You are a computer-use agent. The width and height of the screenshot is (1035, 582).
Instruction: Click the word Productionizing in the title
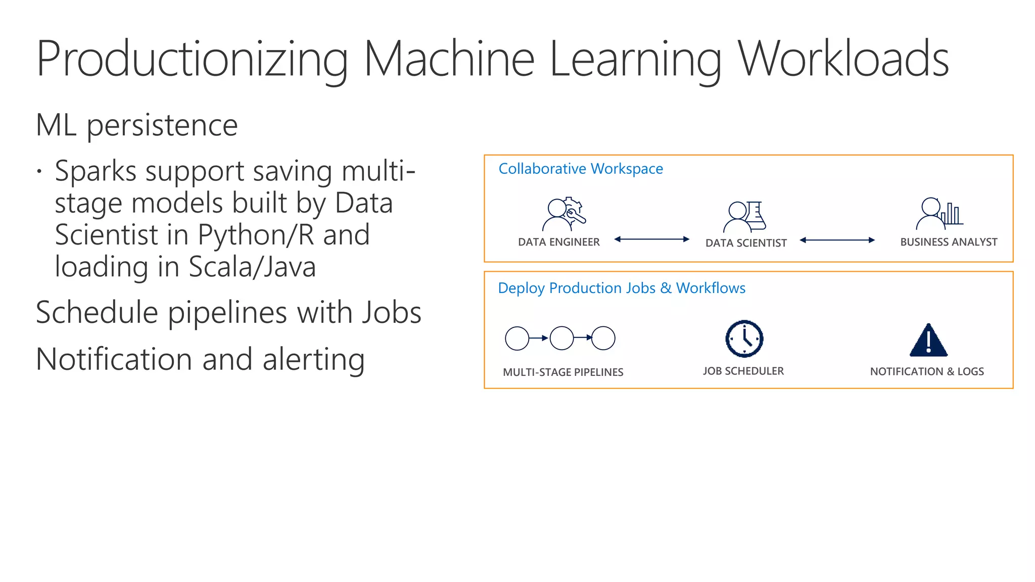point(192,60)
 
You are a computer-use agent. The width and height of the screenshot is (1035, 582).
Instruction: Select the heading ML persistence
point(136,125)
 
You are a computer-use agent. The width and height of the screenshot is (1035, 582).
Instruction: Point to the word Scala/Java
point(252,267)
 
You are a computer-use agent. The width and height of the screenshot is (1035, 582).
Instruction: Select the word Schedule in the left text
point(97,313)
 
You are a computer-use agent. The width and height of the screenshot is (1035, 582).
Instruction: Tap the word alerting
point(313,360)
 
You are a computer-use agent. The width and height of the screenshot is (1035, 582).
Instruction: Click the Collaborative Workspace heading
point(581,169)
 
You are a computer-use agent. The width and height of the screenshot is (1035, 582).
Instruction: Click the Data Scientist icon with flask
point(745,216)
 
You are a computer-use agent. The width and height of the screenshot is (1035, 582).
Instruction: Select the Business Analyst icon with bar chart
point(939,213)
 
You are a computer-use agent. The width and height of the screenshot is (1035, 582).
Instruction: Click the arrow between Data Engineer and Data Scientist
point(651,239)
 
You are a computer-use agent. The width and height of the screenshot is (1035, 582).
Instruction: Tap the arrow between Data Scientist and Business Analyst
point(837,240)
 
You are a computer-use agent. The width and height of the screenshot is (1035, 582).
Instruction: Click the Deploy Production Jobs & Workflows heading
point(622,288)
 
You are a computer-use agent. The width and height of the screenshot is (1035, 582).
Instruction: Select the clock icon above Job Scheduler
point(744,338)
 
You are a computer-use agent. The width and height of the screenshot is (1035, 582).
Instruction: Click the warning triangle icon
point(928,341)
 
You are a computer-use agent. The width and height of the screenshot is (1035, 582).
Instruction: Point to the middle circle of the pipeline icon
point(561,338)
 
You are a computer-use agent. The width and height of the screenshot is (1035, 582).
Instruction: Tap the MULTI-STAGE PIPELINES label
point(563,372)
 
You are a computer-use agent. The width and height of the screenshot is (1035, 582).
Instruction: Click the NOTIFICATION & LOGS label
point(927,371)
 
